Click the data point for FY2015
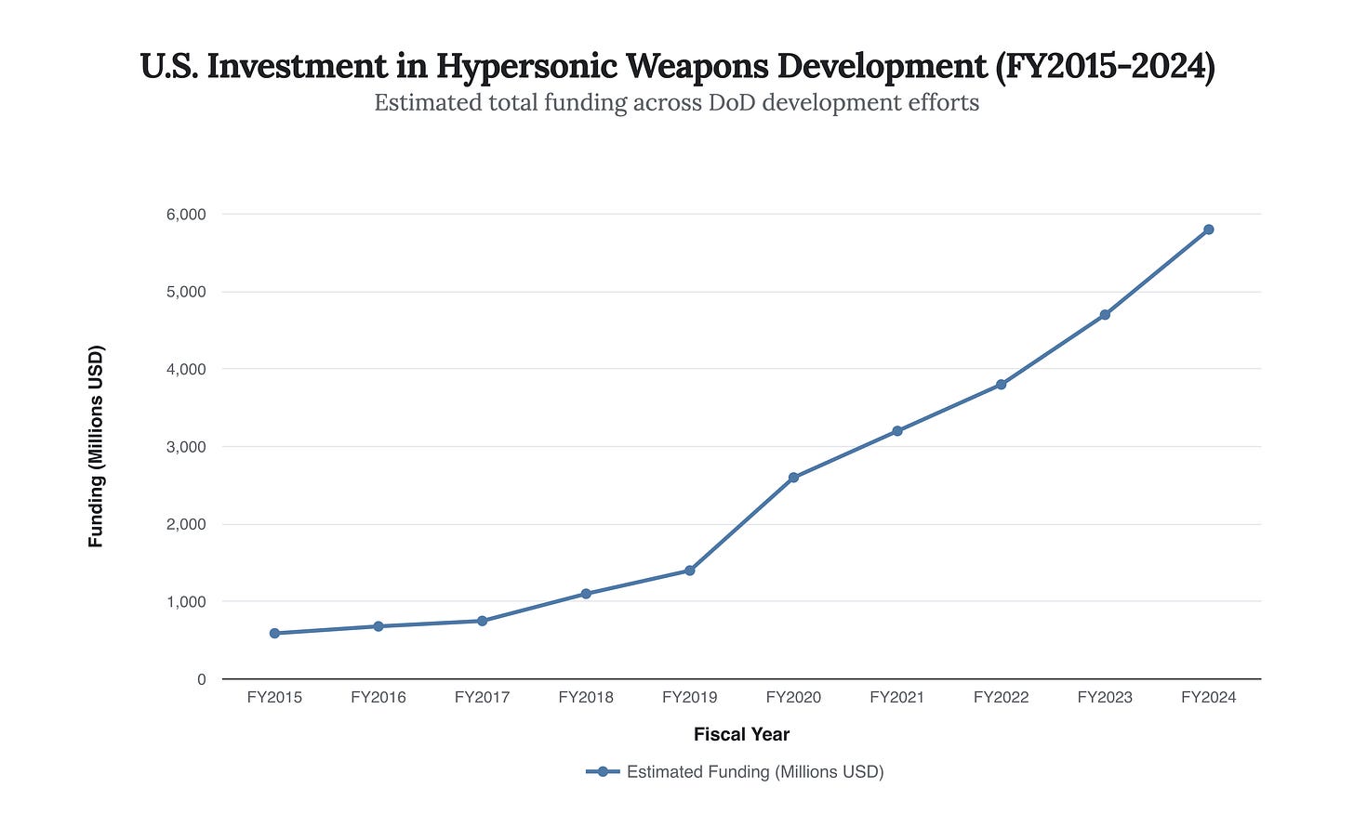tap(274, 634)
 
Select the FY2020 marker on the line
tap(793, 478)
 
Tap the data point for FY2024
tap(1208, 230)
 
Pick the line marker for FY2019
tap(689, 571)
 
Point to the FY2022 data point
tap(1001, 385)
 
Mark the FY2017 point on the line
tap(482, 621)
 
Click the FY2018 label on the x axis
tap(586, 697)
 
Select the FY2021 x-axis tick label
tap(896, 697)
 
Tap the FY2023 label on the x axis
tap(1105, 697)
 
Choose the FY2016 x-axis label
tap(378, 697)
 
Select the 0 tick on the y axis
tap(201, 679)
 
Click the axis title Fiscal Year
tap(741, 734)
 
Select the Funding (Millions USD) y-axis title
tap(96, 446)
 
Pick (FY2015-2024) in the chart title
tap(1105, 67)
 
